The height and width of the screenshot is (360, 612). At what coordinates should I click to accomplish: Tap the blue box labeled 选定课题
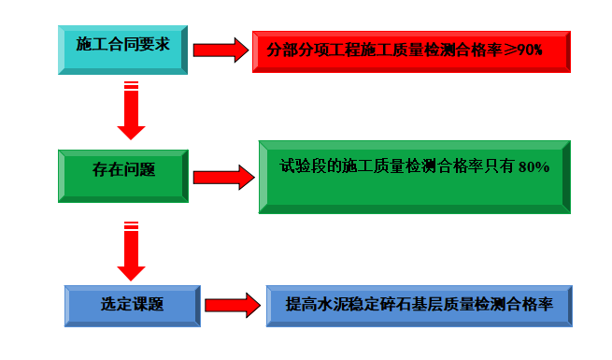[132, 305]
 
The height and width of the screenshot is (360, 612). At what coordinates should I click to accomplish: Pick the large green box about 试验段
[414, 176]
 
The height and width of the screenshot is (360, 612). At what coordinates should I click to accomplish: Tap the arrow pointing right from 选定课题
[231, 305]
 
